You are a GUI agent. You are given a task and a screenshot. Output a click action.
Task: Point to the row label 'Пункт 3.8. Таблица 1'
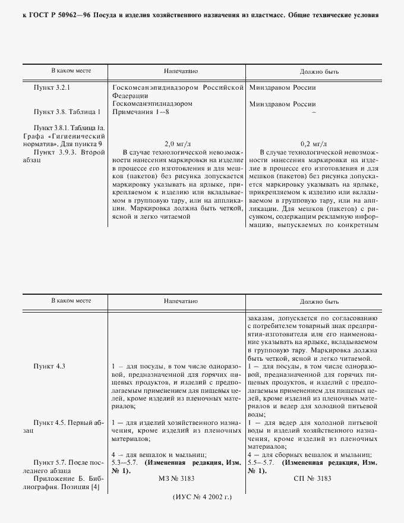(x=67, y=111)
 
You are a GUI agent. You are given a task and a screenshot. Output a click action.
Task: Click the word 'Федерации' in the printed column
(x=130, y=96)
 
